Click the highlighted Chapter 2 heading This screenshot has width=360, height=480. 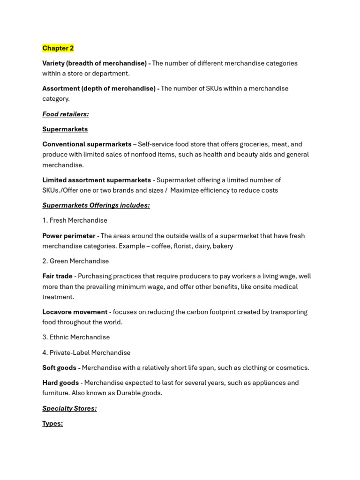tap(58, 48)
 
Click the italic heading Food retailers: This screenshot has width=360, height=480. tap(66, 114)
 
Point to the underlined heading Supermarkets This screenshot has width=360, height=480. tap(65, 129)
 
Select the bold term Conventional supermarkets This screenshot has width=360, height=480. tap(87, 144)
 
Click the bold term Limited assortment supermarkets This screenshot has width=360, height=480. tap(97, 180)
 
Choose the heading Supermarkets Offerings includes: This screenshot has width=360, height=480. tap(96, 205)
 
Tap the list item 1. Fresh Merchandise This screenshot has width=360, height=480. tap(75, 220)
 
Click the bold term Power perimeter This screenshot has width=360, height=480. tap(69, 236)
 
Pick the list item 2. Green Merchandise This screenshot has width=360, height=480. tap(75, 261)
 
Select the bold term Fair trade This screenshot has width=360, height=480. tap(57, 276)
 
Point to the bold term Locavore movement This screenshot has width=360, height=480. tap(75, 312)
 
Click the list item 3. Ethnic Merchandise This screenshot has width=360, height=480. tap(76, 337)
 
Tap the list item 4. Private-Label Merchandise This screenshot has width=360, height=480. tap(86, 352)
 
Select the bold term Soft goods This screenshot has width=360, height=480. tap(60, 367)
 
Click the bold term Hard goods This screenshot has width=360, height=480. tap(60, 382)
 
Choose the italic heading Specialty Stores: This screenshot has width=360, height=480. tap(69, 408)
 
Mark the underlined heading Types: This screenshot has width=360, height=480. tap(52, 423)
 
